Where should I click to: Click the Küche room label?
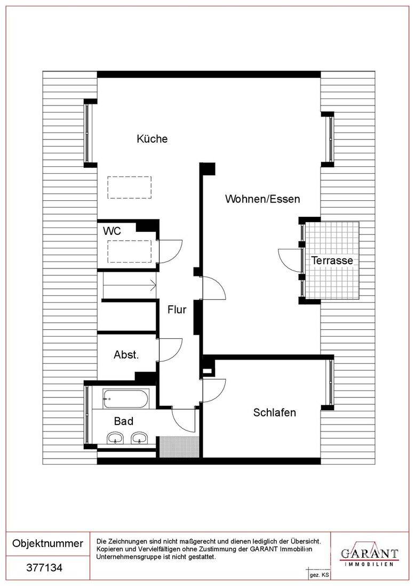(152, 139)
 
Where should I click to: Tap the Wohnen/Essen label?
(262, 199)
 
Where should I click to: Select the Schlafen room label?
(274, 412)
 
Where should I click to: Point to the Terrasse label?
(332, 261)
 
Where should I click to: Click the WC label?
(112, 231)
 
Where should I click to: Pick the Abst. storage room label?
(126, 355)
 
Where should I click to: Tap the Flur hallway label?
(177, 310)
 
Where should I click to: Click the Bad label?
(124, 421)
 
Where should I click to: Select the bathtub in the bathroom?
(126, 399)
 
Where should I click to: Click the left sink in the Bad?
(116, 438)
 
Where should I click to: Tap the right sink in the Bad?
(140, 438)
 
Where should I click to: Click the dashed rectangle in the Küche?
(130, 188)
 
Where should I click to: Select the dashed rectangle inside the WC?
(130, 251)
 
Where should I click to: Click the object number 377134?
(44, 568)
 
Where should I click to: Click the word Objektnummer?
(47, 543)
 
